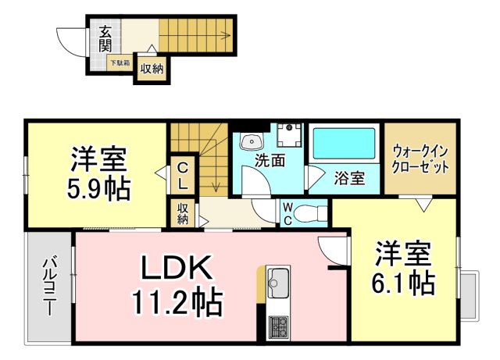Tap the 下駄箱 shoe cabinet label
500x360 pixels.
click(x=120, y=62)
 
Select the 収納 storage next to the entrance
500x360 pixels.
click(x=152, y=69)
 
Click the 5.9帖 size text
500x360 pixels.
click(x=98, y=188)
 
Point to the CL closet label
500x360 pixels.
click(x=181, y=176)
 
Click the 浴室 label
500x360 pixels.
click(x=350, y=178)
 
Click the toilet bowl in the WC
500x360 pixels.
click(x=312, y=212)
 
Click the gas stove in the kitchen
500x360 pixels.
click(x=278, y=326)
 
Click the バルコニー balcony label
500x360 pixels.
click(x=48, y=286)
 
